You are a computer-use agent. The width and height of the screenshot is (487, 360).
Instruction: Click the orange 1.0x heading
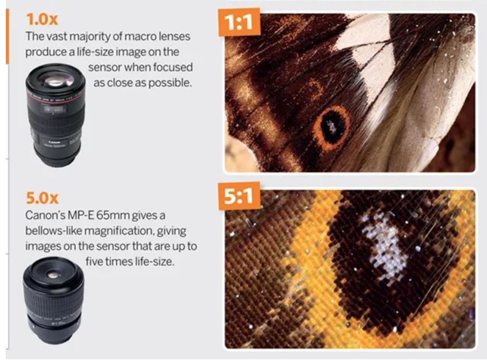[41, 19]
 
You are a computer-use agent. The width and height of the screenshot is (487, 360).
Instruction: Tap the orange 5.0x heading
[42, 198]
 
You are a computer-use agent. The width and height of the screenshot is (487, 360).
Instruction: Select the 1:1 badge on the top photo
[239, 23]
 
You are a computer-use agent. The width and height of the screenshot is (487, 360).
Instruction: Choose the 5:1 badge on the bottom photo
[239, 196]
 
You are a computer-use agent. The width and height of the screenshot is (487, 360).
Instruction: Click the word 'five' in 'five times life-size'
[94, 262]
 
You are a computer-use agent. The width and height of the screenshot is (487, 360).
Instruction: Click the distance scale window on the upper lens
[55, 109]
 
